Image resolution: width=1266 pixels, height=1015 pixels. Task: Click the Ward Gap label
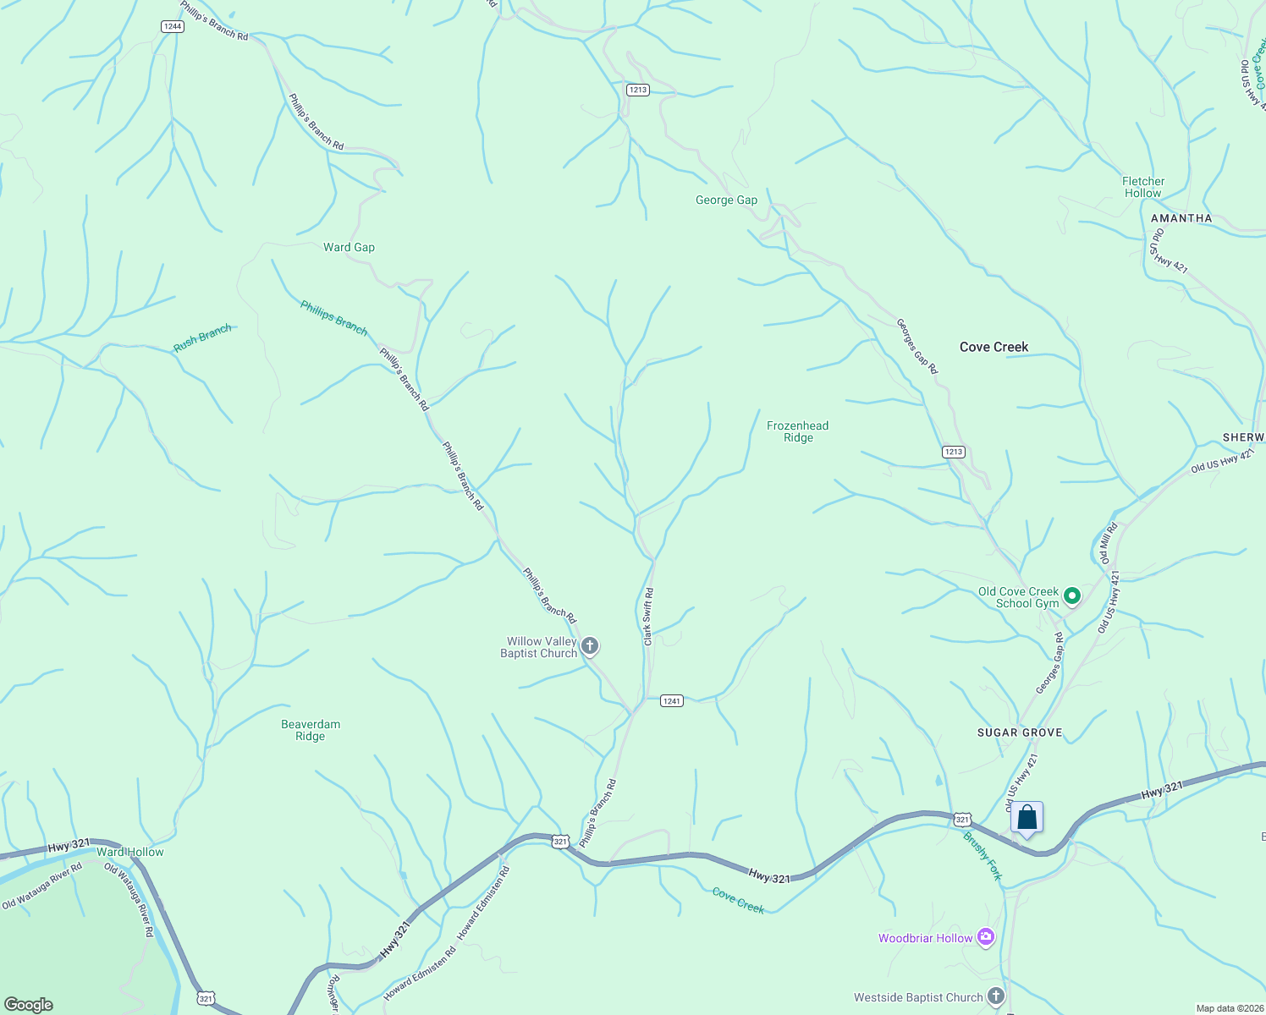(x=349, y=247)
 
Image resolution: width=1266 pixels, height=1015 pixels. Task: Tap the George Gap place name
(x=726, y=200)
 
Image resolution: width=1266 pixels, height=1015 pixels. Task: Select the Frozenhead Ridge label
(x=797, y=431)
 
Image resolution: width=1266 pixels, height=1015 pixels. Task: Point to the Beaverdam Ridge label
(x=311, y=730)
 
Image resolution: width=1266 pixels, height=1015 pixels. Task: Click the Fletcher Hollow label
(x=1142, y=187)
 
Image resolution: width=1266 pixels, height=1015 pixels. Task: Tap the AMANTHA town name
(x=1181, y=218)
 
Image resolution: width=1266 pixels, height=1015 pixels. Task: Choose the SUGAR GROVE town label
(x=1019, y=732)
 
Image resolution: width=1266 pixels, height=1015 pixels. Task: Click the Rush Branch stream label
(x=202, y=338)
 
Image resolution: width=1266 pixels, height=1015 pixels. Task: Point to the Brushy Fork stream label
(x=983, y=856)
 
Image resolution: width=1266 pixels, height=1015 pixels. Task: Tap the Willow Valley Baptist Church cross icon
(x=590, y=647)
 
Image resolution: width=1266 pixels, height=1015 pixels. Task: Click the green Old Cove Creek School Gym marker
(x=1071, y=596)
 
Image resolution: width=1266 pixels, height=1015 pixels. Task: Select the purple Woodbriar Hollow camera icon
(x=985, y=937)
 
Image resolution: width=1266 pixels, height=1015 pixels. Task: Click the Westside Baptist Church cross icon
(x=996, y=996)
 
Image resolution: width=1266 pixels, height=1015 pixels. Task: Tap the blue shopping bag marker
(x=1027, y=818)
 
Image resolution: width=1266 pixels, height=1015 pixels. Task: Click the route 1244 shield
(x=173, y=26)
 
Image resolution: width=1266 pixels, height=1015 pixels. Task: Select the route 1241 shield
(x=671, y=700)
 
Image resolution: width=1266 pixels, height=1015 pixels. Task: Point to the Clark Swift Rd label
(x=648, y=617)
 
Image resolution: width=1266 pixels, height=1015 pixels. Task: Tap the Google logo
(x=29, y=1004)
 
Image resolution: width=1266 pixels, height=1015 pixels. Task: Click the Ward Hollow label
(x=130, y=852)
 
